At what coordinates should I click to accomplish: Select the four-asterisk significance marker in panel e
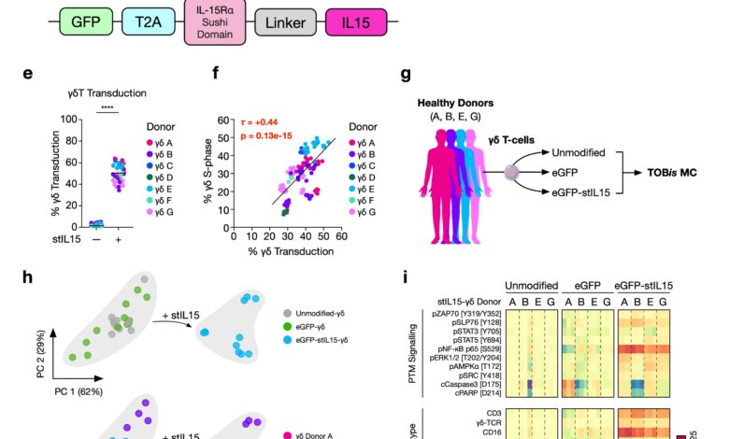tap(106, 108)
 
